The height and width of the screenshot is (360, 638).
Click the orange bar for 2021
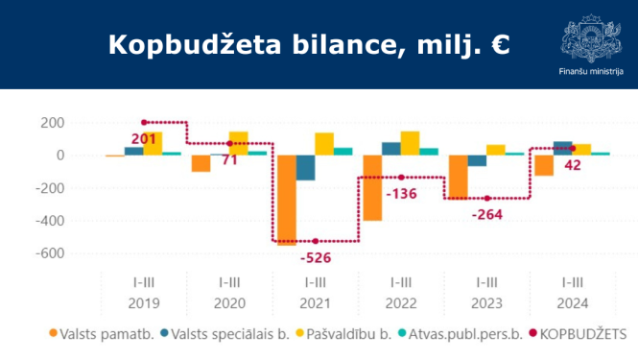pos(287,200)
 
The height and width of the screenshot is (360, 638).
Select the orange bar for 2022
pos(372,187)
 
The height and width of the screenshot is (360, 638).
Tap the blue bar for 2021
pos(305,167)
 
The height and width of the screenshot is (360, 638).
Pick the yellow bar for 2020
pos(238,143)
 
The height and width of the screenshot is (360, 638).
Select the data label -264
pos(486,214)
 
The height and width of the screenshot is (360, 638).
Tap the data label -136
pos(401,196)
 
